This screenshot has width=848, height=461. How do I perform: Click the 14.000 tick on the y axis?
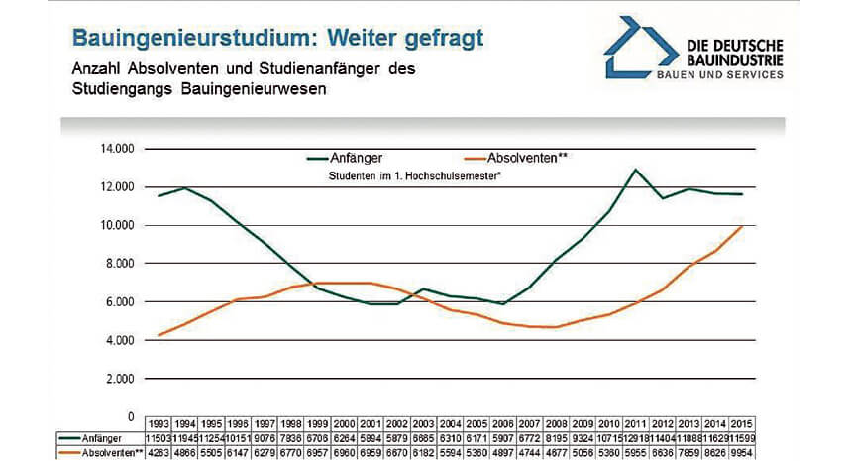116,149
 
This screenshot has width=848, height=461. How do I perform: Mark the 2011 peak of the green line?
636,170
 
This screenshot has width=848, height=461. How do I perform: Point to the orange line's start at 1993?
159,335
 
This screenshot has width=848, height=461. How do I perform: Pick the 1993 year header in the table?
159,422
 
